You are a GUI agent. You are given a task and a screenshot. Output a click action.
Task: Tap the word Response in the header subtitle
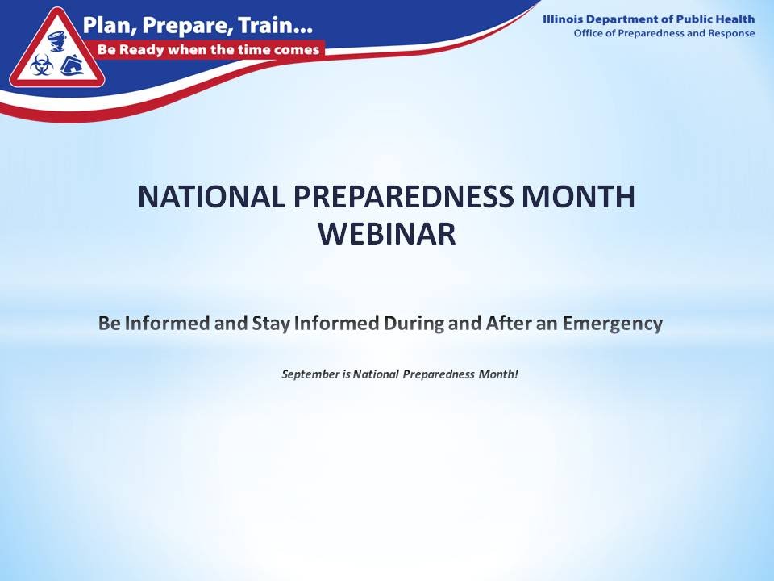click(x=728, y=33)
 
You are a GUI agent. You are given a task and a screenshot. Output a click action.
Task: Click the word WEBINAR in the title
click(x=387, y=234)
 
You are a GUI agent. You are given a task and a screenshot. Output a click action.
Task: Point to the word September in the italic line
click(x=310, y=374)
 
